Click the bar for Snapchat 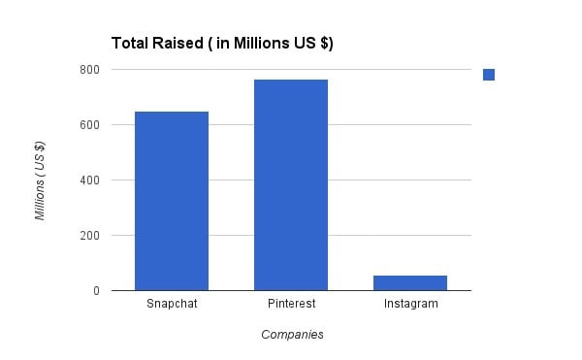click(172, 201)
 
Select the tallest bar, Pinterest click(291, 184)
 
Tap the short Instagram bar click(410, 282)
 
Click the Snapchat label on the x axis click(172, 304)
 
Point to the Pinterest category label click(291, 304)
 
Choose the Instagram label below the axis click(410, 304)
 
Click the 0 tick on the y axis click(95, 290)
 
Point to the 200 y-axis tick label click(89, 235)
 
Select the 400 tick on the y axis click(89, 180)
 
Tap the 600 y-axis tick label click(89, 124)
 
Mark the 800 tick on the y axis click(89, 69)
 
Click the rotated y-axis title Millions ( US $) click(40, 180)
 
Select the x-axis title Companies click(292, 335)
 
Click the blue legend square click(489, 75)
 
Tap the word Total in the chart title click(130, 43)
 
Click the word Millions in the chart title click(257, 43)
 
